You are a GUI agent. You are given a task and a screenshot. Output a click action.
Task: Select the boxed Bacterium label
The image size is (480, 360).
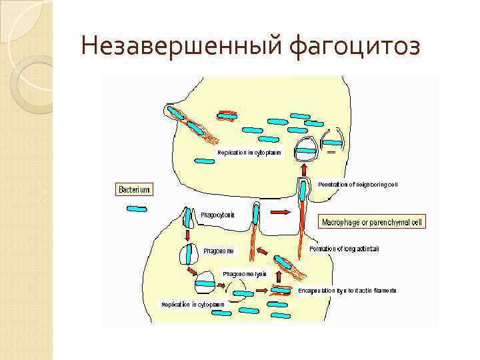134,190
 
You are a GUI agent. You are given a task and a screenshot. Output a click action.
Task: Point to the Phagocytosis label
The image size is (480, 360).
217,215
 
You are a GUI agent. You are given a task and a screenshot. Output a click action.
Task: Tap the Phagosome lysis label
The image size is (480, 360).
244,274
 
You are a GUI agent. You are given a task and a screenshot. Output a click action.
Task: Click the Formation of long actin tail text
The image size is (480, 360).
345,249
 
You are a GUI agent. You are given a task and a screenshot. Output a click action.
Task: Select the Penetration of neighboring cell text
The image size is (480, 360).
357,184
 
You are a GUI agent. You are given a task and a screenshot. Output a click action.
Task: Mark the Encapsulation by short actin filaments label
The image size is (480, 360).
347,291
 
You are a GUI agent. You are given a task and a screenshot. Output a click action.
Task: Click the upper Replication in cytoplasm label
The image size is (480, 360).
249,153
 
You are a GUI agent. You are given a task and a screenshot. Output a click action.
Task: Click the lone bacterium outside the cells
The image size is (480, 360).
136,209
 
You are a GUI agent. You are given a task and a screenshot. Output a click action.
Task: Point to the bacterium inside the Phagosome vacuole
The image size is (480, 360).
190,255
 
